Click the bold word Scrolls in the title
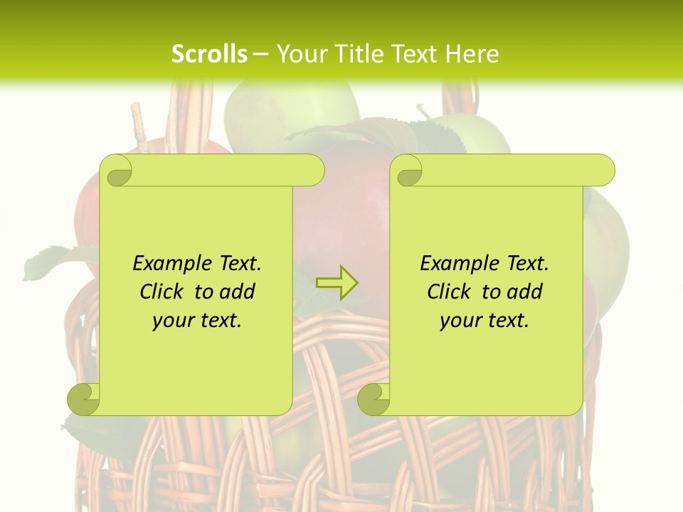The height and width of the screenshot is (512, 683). click(209, 54)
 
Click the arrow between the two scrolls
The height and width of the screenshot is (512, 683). click(337, 282)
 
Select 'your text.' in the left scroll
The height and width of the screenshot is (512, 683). click(197, 321)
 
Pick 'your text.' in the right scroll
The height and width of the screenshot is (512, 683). click(485, 321)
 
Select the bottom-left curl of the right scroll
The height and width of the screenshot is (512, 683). click(374, 399)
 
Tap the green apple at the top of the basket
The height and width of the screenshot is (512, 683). click(292, 107)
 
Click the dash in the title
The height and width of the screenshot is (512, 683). click(261, 54)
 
